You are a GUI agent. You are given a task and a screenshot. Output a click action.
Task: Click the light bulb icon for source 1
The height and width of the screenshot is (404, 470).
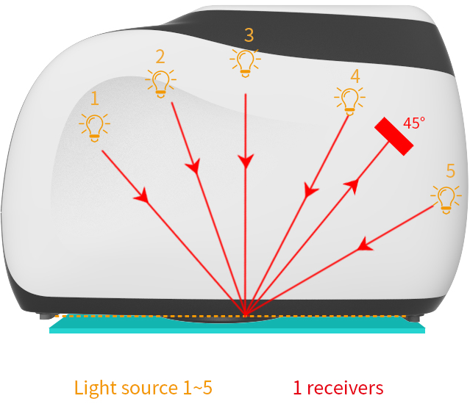click(x=94, y=126)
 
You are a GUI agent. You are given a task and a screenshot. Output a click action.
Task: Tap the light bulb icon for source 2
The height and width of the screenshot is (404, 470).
click(x=160, y=82)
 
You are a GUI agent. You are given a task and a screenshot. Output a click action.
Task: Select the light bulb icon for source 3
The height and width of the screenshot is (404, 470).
click(x=244, y=62)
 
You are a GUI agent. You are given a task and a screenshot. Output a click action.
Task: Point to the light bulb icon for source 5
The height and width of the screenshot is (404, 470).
click(x=446, y=198)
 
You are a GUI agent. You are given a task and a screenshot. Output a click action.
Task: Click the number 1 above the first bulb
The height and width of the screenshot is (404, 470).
click(x=94, y=97)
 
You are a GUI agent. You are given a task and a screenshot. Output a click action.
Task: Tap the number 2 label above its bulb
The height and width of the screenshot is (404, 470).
click(x=160, y=56)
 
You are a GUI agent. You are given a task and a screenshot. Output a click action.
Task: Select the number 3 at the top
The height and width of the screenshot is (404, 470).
click(x=249, y=35)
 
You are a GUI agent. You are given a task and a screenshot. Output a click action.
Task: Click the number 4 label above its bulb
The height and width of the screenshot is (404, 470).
click(x=355, y=76)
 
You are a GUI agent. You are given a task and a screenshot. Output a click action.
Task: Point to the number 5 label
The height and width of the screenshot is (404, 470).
click(x=450, y=171)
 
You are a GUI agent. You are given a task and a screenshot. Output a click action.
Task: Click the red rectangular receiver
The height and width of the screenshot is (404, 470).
click(x=394, y=137)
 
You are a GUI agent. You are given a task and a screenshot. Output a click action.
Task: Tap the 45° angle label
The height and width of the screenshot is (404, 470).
click(x=414, y=123)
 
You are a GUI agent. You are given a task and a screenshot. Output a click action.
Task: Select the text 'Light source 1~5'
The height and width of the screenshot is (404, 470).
click(x=143, y=387)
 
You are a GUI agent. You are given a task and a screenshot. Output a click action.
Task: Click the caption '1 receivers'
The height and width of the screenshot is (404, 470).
click(x=338, y=387)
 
